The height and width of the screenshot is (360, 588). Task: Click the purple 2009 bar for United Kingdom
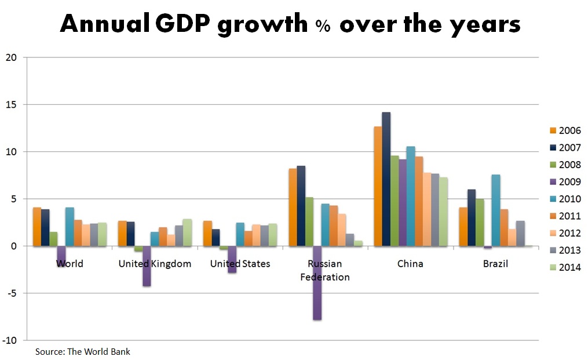click(x=147, y=266)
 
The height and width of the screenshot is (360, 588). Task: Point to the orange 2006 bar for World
click(x=37, y=227)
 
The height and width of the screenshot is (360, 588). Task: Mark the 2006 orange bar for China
click(x=378, y=186)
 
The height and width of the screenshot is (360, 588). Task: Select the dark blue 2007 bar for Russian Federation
click(x=301, y=206)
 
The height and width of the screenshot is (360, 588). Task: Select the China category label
click(x=410, y=264)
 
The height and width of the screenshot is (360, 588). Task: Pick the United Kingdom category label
click(x=155, y=264)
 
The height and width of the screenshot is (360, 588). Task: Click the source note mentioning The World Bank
click(x=83, y=352)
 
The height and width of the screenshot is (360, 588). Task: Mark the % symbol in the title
click(x=323, y=26)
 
